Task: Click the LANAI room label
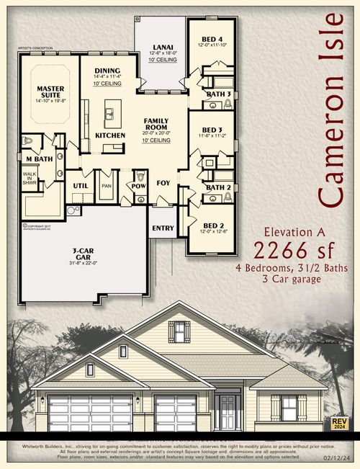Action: coord(162,46)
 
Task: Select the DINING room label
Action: coord(107,71)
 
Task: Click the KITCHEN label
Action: coord(110,135)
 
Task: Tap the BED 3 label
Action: coord(213,130)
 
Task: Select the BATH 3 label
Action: coord(218,94)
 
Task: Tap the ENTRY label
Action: coord(162,229)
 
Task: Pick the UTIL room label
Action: coord(80,186)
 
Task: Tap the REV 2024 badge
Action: coord(338,423)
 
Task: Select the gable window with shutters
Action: coord(179,332)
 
